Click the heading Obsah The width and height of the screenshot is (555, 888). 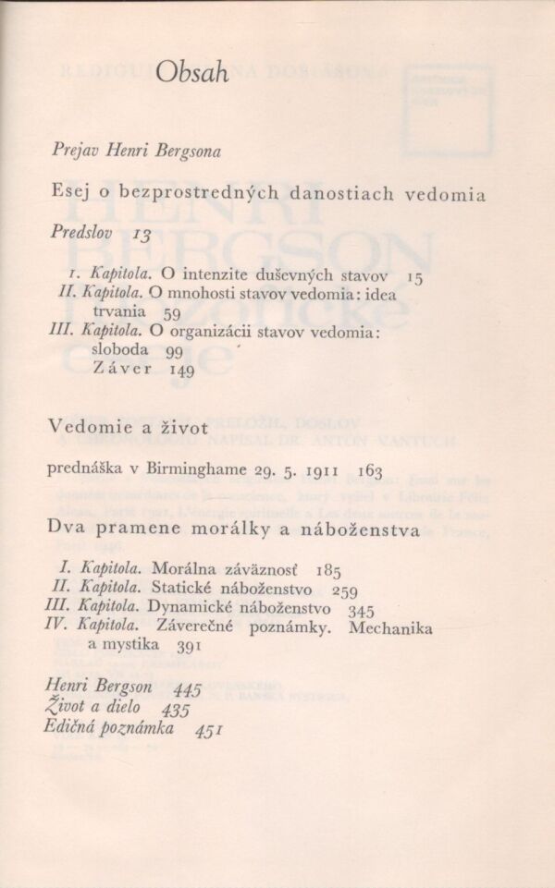(192, 72)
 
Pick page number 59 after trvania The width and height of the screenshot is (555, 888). (172, 314)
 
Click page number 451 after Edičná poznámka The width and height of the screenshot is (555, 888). (212, 729)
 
